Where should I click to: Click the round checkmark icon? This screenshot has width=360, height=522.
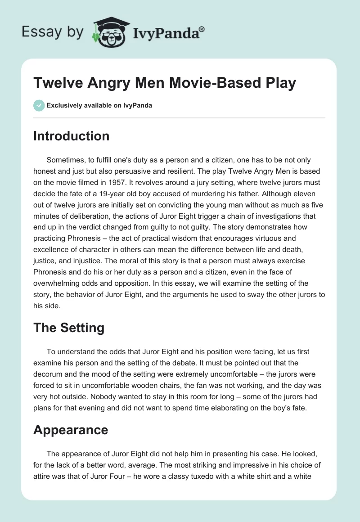coord(39,106)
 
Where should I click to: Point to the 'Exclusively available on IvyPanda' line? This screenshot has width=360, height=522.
coord(99,106)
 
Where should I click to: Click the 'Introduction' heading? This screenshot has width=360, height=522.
coord(71,136)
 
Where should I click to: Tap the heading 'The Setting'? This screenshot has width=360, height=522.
coord(68,328)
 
